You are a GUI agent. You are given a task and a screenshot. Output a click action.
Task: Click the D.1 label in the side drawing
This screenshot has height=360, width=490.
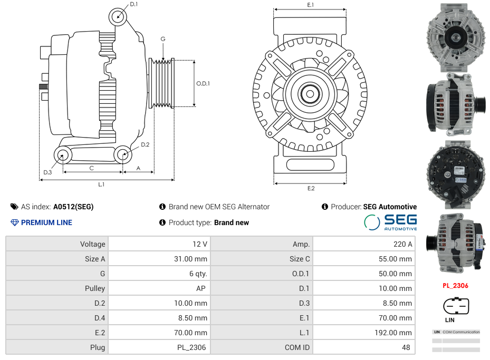coord(134,4)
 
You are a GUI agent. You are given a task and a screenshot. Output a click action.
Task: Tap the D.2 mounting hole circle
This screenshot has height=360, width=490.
coord(123,154)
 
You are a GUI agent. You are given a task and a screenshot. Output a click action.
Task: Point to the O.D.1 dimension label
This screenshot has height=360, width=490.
coord(203,83)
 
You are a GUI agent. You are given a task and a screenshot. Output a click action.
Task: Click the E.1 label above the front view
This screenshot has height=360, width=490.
coord(311,5)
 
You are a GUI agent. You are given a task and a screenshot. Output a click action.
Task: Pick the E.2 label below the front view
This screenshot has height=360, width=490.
coord(311,188)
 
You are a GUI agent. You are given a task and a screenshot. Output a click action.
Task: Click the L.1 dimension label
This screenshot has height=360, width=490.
coord(101,184)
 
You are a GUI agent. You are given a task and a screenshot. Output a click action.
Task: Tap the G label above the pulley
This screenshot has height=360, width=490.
coord(163,39)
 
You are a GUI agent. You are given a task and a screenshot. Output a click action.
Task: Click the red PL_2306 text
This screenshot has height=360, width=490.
coord(455,285)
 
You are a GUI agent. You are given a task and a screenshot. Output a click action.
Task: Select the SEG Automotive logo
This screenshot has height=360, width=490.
coord(390,222)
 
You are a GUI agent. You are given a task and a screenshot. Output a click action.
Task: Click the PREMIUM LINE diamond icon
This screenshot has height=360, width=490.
coord(14,222)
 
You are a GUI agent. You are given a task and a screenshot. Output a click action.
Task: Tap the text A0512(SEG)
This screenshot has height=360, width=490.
coord(73,207)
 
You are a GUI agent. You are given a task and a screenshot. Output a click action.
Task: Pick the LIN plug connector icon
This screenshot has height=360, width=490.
coord(456,306)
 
